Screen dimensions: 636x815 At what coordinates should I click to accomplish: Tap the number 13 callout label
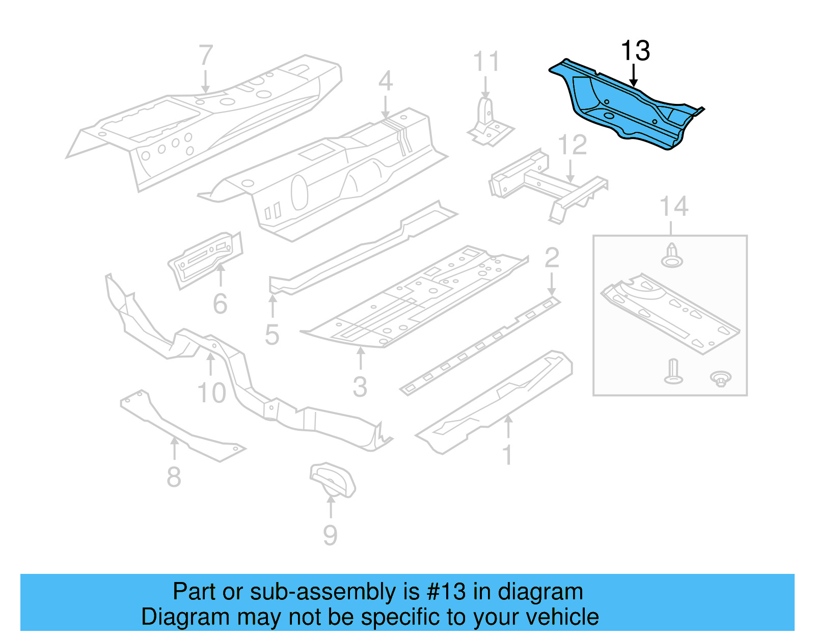[635, 51]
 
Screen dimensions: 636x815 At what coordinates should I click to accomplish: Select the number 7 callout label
[205, 55]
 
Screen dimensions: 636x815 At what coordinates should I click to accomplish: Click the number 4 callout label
[385, 80]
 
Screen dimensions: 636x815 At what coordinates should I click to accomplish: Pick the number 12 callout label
[573, 145]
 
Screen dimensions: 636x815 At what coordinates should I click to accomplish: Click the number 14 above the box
[673, 207]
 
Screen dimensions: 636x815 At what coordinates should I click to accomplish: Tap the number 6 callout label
[220, 304]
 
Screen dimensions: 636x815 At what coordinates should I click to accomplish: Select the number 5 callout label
[272, 335]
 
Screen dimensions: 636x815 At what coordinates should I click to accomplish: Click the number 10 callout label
[211, 393]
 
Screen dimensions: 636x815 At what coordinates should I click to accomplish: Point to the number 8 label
[174, 477]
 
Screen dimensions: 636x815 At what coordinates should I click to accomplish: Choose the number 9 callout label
[330, 535]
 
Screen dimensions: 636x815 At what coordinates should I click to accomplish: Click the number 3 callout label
[360, 388]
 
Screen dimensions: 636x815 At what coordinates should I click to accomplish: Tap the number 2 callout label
[552, 258]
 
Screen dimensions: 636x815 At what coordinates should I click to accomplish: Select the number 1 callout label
[507, 455]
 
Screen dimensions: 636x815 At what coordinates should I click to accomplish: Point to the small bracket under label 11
[489, 125]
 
